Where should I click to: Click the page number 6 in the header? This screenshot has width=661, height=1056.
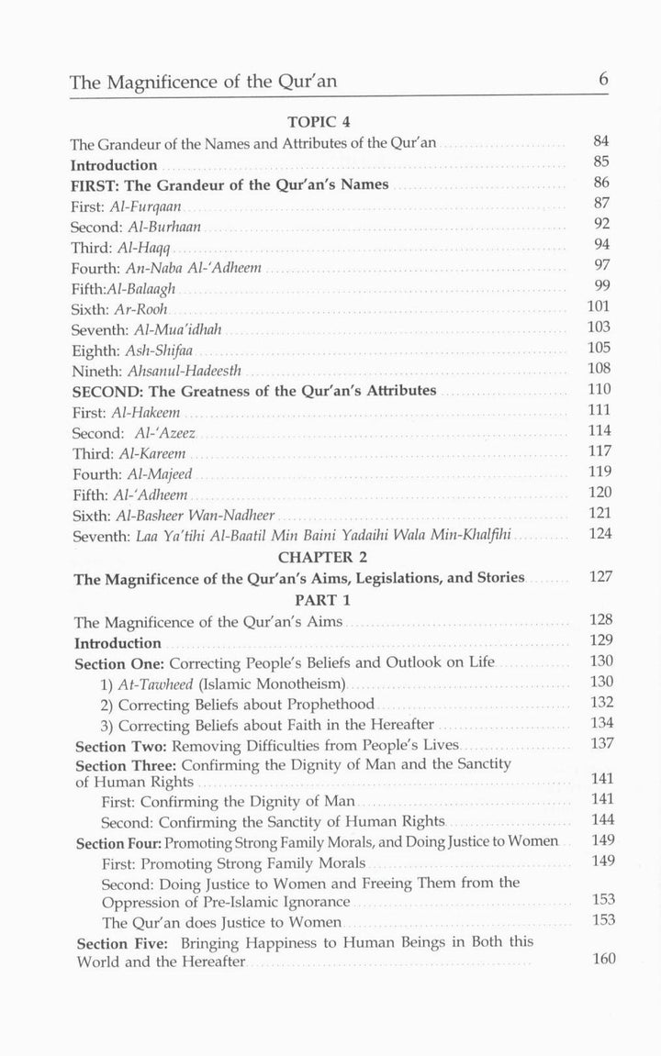(603, 80)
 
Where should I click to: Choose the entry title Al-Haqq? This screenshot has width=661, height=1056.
(147, 248)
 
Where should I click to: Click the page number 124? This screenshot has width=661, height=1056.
(599, 533)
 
